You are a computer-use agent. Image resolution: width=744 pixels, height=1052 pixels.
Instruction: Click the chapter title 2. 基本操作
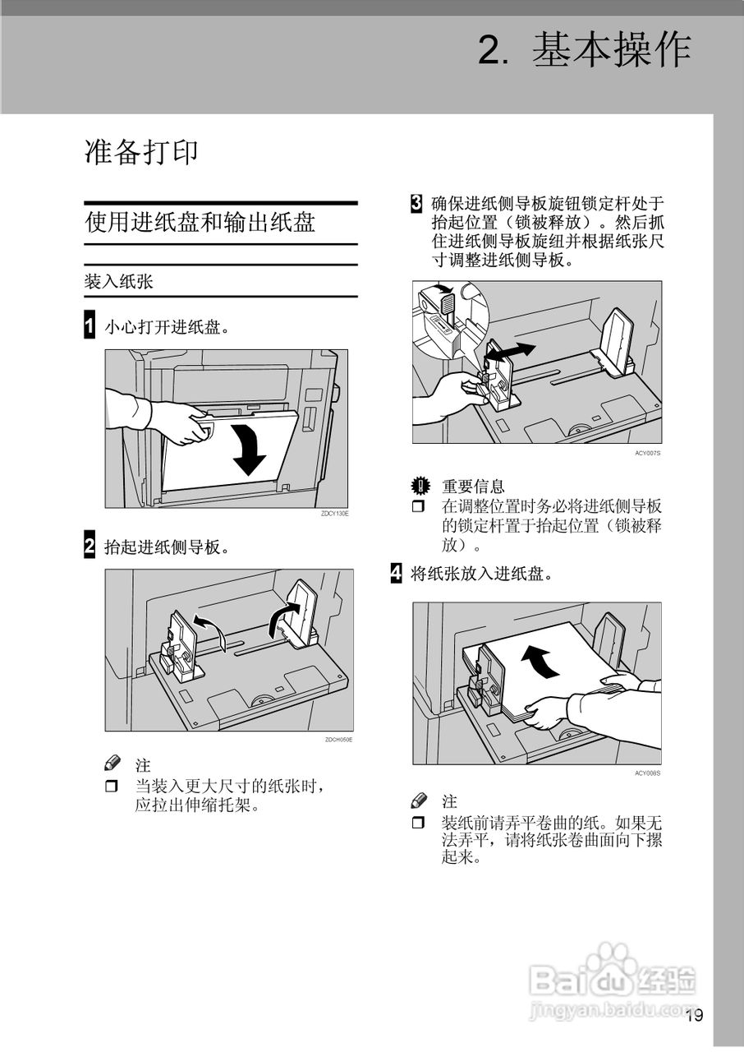tap(584, 51)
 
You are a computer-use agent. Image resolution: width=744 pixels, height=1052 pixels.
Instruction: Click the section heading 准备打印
tap(141, 152)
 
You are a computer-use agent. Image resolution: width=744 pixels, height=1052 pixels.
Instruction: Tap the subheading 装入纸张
tap(118, 281)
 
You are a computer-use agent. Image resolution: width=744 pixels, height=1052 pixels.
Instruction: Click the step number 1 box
tap(90, 325)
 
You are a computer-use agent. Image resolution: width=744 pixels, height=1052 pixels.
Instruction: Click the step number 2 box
tap(90, 546)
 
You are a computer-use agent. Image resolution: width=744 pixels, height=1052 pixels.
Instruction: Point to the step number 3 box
tap(417, 202)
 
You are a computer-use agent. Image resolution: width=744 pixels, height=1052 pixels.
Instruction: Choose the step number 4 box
tap(396, 573)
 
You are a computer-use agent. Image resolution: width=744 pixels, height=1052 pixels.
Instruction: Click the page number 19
tap(694, 1015)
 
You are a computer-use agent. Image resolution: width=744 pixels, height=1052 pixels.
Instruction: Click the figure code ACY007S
tap(647, 453)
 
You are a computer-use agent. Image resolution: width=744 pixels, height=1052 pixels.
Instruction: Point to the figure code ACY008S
tap(647, 773)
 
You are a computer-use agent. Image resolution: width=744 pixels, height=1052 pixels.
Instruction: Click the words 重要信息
tap(473, 487)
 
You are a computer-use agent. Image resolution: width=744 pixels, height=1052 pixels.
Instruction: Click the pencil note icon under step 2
tap(113, 763)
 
